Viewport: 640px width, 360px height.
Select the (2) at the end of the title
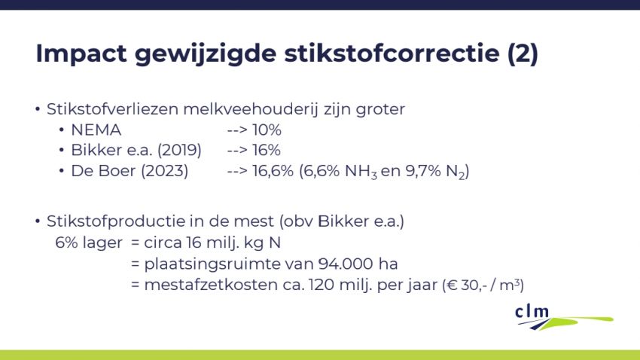(523, 54)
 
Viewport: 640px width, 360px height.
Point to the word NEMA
(97, 130)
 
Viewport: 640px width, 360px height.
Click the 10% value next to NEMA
(267, 130)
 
